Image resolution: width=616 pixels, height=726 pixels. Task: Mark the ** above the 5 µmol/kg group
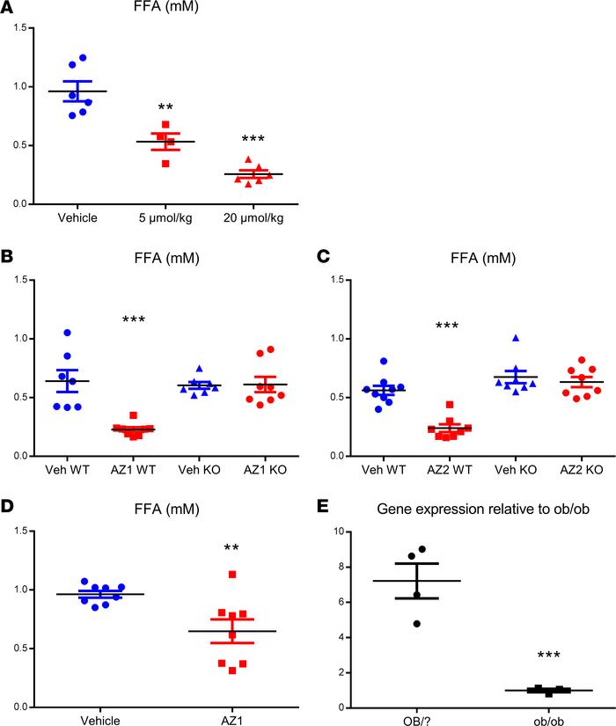click(x=166, y=108)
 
